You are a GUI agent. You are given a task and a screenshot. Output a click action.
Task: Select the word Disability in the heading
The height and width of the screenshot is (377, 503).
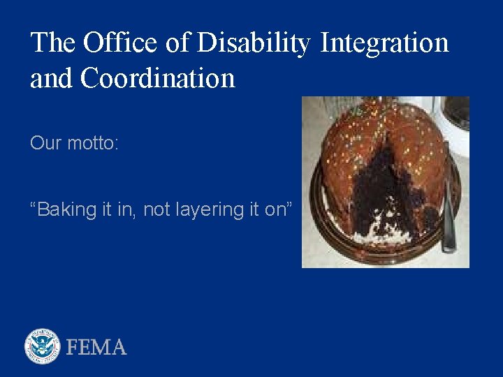pyautogui.click(x=254, y=43)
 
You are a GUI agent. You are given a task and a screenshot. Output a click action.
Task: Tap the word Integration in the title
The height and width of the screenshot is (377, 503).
pyautogui.click(x=384, y=43)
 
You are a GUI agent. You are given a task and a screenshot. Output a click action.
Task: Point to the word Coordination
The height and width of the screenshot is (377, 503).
pyautogui.click(x=158, y=78)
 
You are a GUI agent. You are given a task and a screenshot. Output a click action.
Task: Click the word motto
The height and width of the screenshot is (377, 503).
pyautogui.click(x=93, y=143)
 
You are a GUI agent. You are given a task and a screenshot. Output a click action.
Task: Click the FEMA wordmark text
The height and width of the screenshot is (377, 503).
pyautogui.click(x=96, y=347)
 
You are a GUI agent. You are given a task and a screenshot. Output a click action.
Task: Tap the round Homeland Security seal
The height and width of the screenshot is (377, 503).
pyautogui.click(x=43, y=346)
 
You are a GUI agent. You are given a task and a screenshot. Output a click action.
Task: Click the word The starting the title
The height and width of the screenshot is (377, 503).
pyautogui.click(x=54, y=43)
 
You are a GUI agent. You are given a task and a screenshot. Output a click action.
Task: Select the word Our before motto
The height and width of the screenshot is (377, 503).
pyautogui.click(x=45, y=143)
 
